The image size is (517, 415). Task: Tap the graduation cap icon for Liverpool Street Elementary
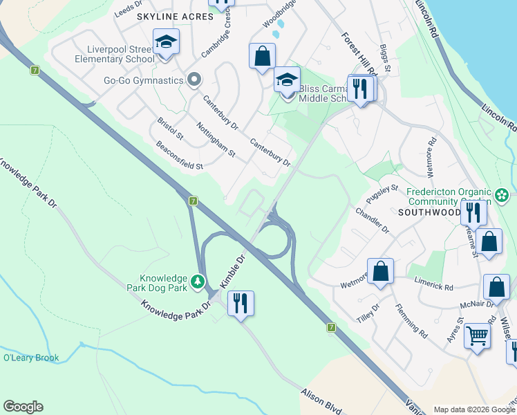click(166, 43)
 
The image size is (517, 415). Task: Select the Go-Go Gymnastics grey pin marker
click(194, 80)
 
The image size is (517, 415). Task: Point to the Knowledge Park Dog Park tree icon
click(198, 282)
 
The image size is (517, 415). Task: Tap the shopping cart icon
click(477, 336)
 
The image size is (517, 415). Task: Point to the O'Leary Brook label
click(31, 358)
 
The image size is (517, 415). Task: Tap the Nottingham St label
click(216, 138)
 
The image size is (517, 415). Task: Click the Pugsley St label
click(386, 196)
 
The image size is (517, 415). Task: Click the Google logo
click(23, 407)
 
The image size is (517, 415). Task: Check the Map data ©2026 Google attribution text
click(474, 409)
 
